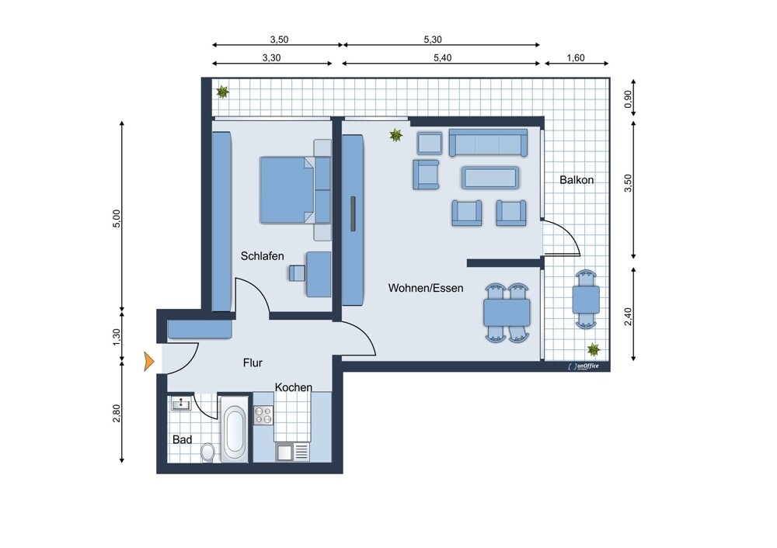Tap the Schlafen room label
click(x=262, y=256)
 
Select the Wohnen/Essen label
click(x=426, y=288)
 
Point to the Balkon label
click(x=577, y=180)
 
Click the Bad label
click(x=182, y=439)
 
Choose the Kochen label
click(x=293, y=387)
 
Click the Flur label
click(x=253, y=362)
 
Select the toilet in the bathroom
click(x=207, y=451)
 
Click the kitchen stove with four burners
click(x=263, y=416)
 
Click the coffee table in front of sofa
click(x=490, y=178)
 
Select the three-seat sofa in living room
click(x=489, y=143)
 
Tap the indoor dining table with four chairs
click(x=507, y=312)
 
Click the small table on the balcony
click(x=586, y=299)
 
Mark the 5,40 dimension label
click(x=441, y=57)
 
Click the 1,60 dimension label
click(x=577, y=57)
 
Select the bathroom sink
click(x=182, y=404)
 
